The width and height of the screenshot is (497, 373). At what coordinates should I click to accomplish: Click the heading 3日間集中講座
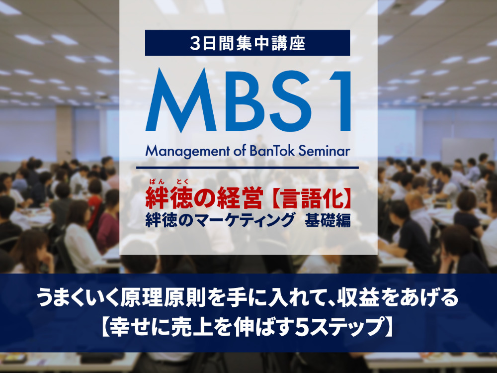248,43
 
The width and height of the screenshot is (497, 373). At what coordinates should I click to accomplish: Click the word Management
186,152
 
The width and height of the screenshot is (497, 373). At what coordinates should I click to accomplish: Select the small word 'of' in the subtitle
239,151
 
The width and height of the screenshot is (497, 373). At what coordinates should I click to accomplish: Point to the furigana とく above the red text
182,182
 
